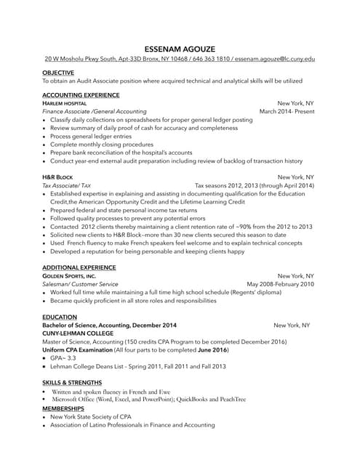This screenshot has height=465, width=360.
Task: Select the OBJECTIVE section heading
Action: (58, 73)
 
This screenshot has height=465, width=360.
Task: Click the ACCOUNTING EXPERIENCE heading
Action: (81, 95)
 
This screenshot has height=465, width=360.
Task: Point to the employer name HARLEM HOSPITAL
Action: (65, 104)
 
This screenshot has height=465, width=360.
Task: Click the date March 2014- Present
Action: (287, 112)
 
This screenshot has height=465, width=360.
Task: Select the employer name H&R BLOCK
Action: (57, 177)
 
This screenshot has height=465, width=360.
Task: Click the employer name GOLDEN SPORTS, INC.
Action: (69, 276)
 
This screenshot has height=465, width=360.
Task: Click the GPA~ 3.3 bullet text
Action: (63, 358)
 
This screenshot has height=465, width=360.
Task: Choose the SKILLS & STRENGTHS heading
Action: (72, 382)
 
